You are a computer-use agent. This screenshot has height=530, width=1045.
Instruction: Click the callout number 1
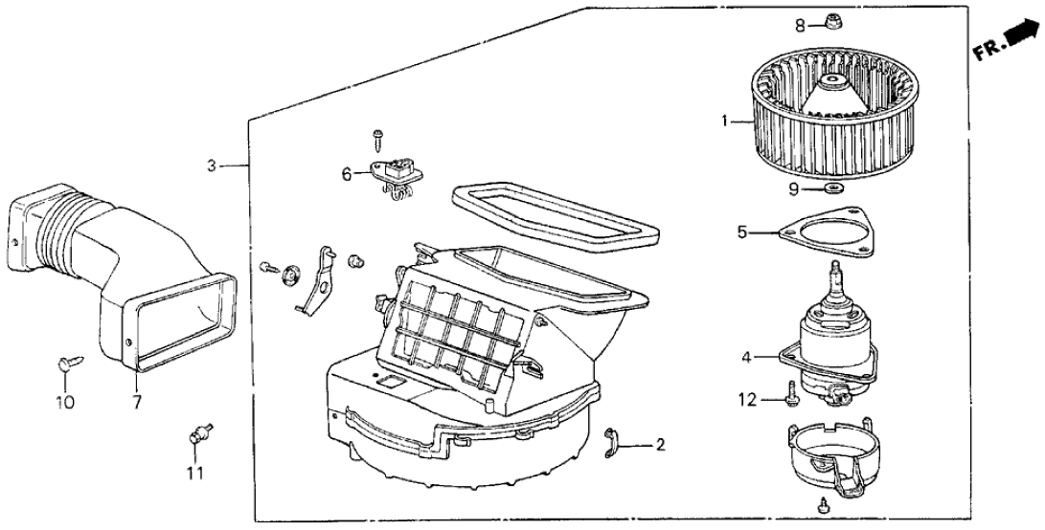click(725, 121)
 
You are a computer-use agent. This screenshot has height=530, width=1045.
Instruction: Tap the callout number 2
click(660, 445)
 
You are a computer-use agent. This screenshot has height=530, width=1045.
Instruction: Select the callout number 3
click(213, 166)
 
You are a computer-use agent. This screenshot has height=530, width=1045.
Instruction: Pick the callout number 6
click(347, 175)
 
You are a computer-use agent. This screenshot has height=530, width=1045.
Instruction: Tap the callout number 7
click(136, 403)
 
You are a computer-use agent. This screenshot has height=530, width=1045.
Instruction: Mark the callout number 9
click(794, 188)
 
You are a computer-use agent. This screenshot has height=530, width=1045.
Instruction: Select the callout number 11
click(194, 472)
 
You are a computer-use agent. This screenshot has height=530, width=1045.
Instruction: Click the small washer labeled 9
click(829, 188)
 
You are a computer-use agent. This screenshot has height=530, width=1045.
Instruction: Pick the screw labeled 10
click(68, 362)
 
